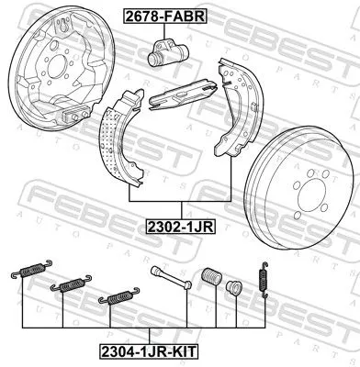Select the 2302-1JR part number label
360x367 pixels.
[x=181, y=223]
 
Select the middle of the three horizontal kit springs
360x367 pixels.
[x=69, y=284]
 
